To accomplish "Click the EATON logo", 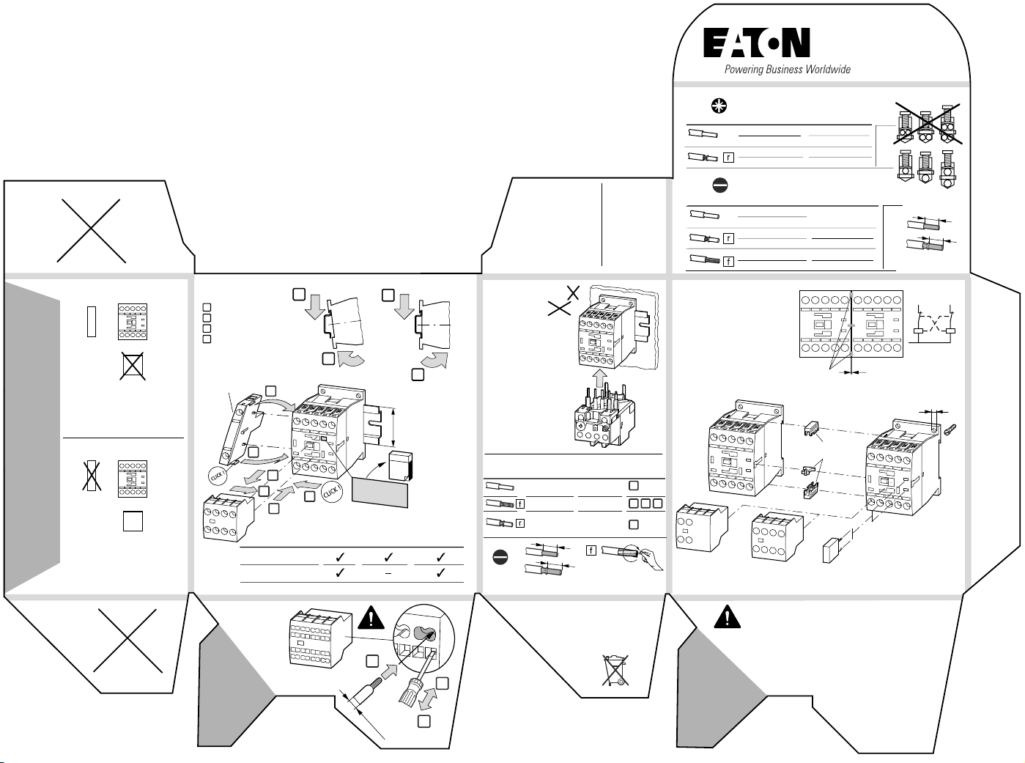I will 757,43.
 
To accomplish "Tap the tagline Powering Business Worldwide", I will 788,70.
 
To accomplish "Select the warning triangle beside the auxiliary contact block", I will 371,619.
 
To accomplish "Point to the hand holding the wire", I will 647,559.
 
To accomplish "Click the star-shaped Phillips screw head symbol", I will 719,106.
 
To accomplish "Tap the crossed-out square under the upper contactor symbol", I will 133,366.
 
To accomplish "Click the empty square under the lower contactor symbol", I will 133,521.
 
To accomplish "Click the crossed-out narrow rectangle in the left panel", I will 91,477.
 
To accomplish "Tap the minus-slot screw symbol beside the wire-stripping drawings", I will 500,558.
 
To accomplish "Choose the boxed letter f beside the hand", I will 591,550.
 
